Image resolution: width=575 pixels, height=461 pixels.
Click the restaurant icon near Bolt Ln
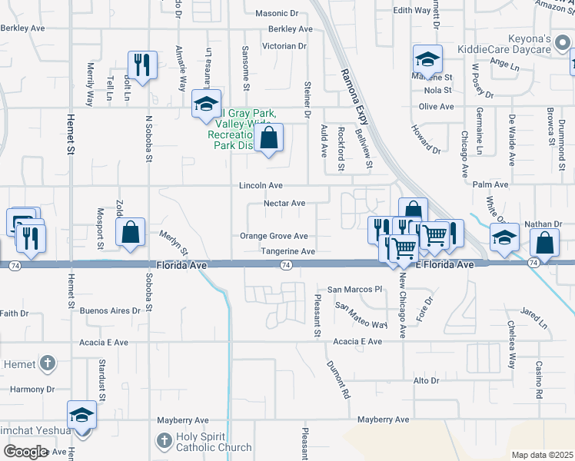pos(142,65)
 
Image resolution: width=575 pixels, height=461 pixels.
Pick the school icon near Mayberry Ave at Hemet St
pos(82,414)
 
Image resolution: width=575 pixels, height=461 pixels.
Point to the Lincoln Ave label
pos(261,185)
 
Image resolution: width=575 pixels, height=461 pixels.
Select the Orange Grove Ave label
pos(274,236)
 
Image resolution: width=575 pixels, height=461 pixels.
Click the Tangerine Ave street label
pos(278,251)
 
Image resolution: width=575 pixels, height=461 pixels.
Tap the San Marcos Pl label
pos(354,290)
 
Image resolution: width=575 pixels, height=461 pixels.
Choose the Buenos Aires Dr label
pos(111,311)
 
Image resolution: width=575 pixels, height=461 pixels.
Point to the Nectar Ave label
pos(284,204)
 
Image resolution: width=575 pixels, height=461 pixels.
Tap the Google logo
pos(25,451)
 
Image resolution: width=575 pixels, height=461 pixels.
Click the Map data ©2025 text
pos(542,455)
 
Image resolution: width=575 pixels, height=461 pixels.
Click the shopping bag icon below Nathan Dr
pos(544,243)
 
